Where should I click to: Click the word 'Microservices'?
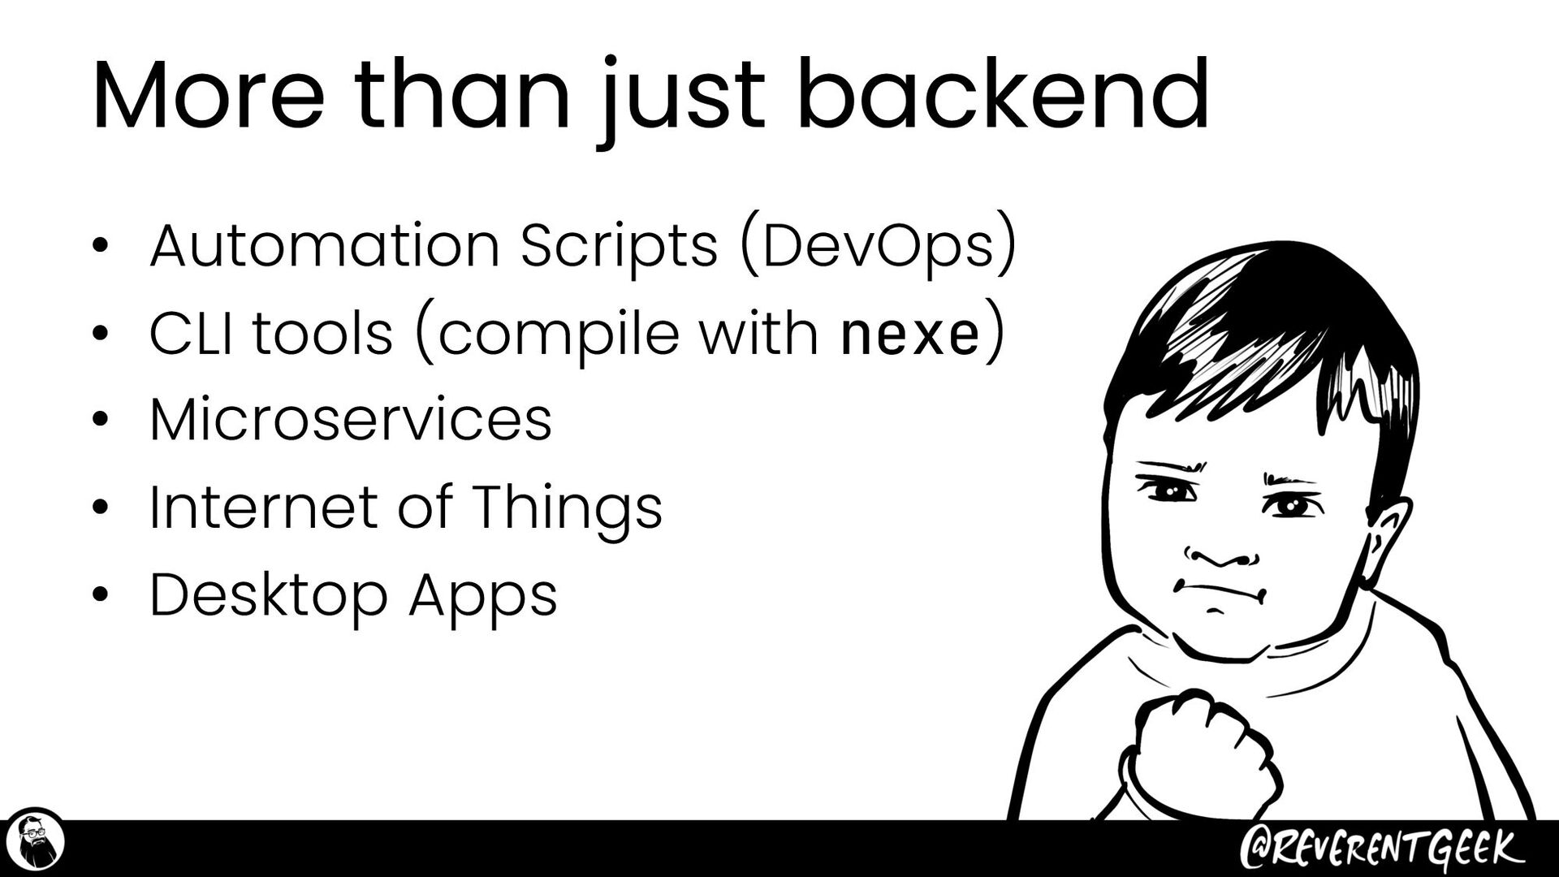[x=351, y=421]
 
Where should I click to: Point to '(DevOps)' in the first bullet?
[x=878, y=245]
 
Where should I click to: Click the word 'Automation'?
[x=325, y=245]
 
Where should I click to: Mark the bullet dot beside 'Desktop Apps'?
[x=100, y=597]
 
